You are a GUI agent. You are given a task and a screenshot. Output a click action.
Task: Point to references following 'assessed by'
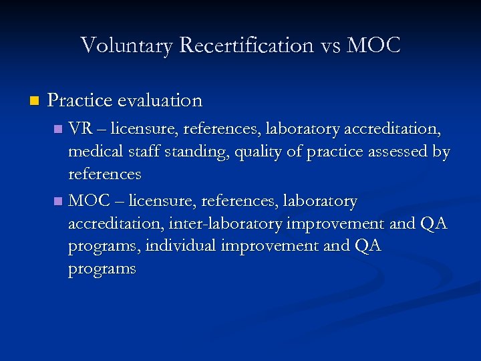(105, 174)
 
